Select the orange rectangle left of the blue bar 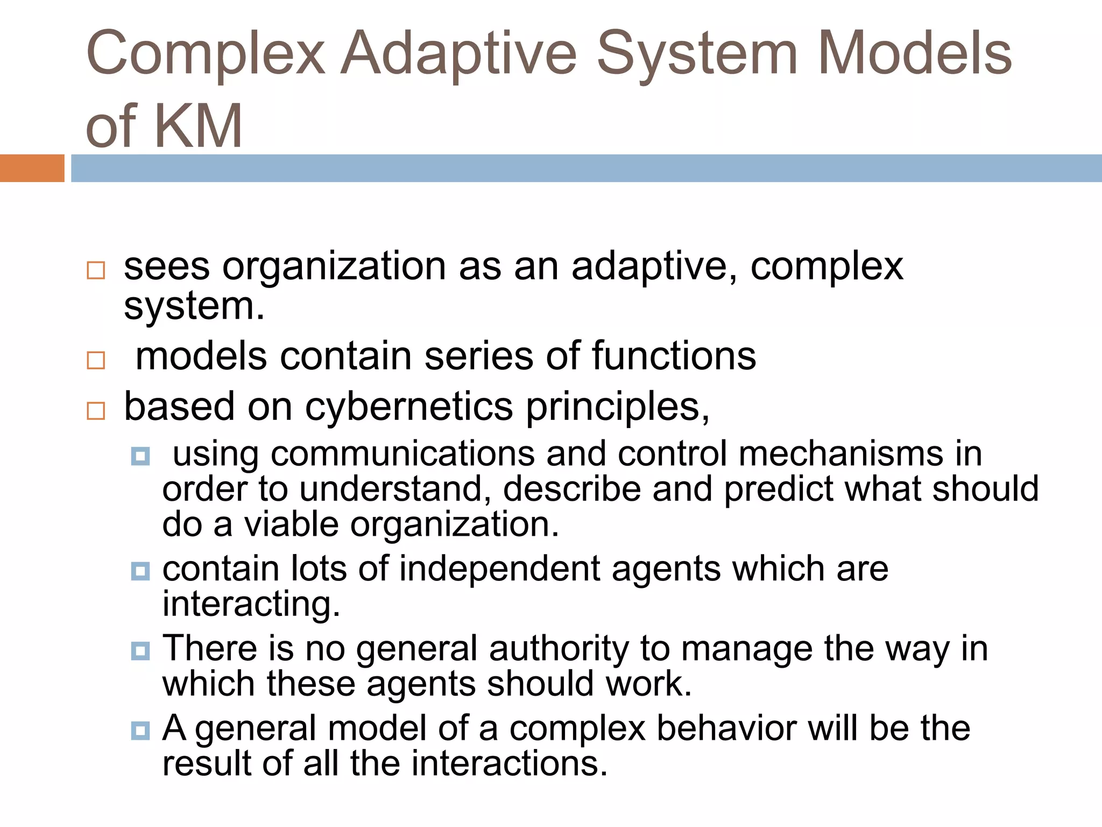point(32,168)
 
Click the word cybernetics point(409,407)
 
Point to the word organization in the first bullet point(334,266)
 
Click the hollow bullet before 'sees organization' point(96,270)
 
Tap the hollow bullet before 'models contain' point(96,360)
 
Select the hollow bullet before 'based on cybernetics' point(96,410)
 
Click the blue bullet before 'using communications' point(140,457)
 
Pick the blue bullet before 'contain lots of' point(140,571)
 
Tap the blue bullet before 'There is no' point(140,651)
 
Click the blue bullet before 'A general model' point(140,731)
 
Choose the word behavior point(726,728)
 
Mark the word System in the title point(697,54)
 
